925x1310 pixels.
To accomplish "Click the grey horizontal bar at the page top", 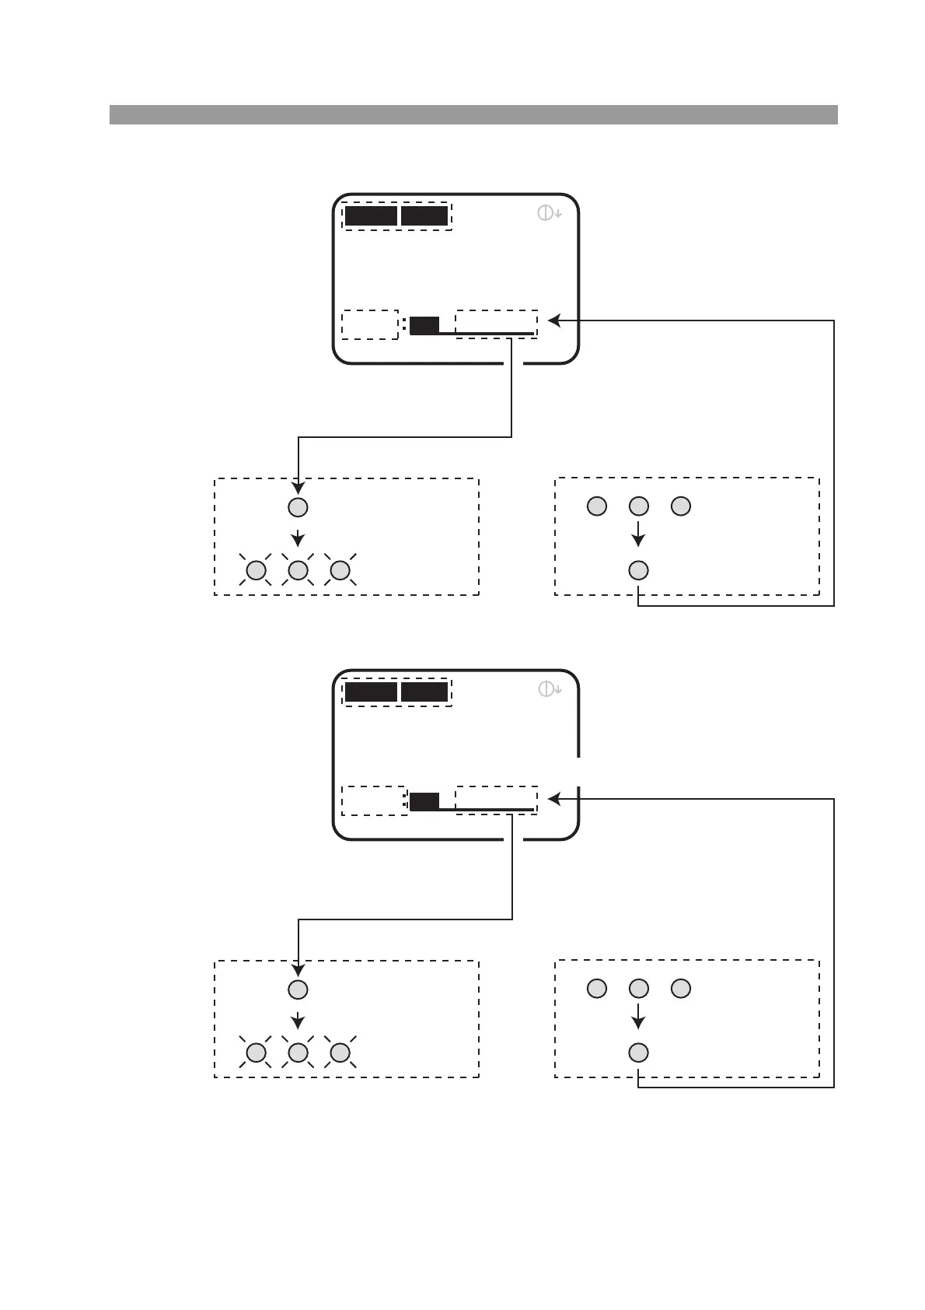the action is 473,114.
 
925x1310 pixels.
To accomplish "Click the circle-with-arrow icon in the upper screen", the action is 549,212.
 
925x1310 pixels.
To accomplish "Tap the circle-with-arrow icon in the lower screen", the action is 549,688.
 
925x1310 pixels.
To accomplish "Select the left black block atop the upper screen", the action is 371,215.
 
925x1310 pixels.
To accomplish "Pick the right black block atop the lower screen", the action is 424,692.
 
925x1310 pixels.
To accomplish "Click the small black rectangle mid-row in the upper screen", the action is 424,325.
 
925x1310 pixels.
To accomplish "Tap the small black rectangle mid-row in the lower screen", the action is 424,801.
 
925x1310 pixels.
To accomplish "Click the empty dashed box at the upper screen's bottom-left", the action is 370,324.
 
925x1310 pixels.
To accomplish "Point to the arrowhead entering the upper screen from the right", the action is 553,320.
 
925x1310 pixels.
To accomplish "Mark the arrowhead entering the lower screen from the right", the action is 553,798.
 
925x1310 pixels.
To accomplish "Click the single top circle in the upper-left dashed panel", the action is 298,507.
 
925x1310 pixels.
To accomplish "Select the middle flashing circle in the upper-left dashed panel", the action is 298,571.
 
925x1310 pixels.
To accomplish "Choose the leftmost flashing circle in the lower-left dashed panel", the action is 256,1053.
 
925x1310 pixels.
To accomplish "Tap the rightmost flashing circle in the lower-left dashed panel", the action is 340,1053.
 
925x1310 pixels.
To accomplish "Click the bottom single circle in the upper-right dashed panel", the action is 638,570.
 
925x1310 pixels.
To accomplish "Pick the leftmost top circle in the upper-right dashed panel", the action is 596,506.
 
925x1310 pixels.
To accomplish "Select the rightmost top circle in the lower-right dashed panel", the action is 680,989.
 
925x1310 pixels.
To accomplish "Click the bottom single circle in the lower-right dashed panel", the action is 638,1053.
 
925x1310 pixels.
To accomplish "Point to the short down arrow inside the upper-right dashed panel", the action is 638,535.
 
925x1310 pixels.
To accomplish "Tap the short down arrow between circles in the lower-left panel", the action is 298,1020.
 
